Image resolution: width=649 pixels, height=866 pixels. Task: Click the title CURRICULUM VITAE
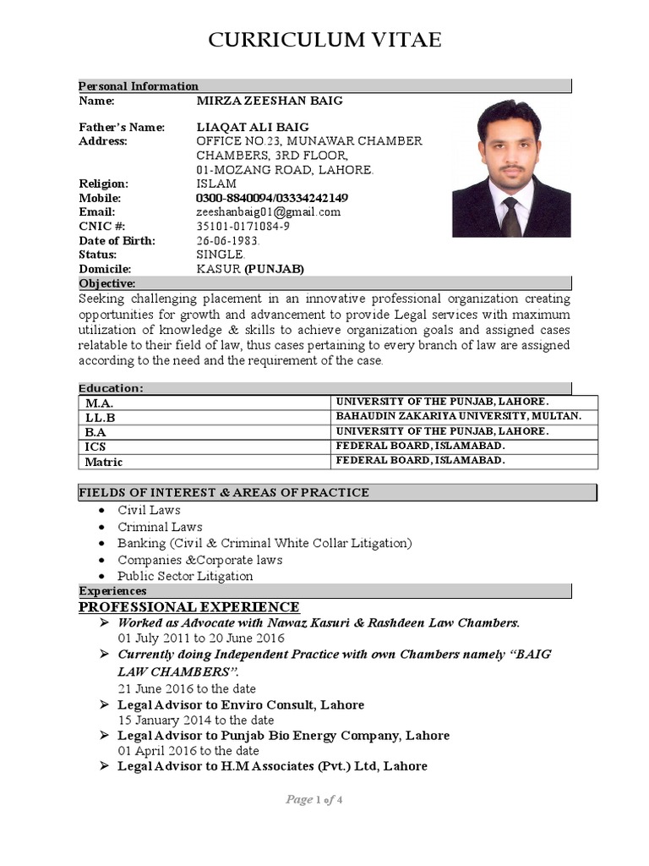[x=324, y=40]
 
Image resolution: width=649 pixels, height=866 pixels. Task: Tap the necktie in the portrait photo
[x=511, y=216]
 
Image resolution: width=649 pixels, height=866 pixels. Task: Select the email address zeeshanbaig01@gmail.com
[x=268, y=212]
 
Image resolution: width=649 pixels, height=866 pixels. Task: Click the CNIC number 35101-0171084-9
[x=243, y=227]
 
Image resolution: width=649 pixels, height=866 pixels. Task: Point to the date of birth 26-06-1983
[x=228, y=241]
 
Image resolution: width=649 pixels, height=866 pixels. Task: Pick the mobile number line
[x=272, y=198]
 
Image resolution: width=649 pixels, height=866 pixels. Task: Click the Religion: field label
[x=104, y=184]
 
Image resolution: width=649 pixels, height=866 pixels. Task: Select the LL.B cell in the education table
[x=100, y=418]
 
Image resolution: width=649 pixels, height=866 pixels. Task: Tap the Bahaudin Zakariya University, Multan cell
[x=459, y=416]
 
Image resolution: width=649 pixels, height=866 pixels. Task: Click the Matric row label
[x=104, y=462]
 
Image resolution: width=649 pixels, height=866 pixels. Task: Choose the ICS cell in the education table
[x=95, y=447]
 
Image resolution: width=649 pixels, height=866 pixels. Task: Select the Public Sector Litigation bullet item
[x=185, y=576]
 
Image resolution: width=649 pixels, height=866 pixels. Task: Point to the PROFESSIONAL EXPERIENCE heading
[x=188, y=607]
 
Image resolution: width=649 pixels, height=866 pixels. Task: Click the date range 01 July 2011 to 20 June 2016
[x=201, y=638]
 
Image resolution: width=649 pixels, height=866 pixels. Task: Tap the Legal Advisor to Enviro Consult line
[x=241, y=704]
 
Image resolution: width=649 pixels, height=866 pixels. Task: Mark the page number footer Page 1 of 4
[x=314, y=800]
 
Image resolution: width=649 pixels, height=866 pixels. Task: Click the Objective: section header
[x=107, y=283]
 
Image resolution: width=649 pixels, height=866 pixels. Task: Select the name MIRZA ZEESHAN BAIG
[x=270, y=101]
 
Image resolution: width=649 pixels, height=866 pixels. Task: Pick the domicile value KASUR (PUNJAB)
[x=250, y=269]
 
